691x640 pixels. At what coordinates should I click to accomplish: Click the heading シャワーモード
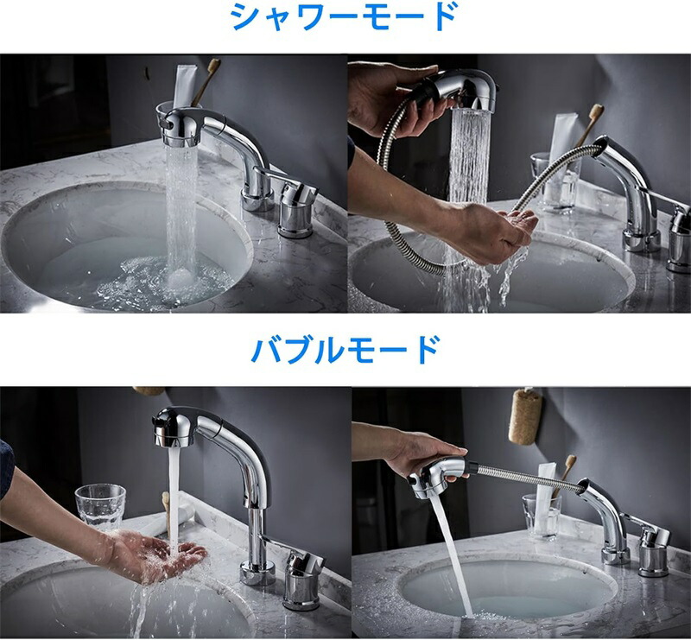point(345,17)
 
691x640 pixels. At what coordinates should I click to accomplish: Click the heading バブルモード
point(345,350)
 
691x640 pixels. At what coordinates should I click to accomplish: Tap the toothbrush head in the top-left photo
point(214,66)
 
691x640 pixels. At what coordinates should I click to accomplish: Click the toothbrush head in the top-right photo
point(596,111)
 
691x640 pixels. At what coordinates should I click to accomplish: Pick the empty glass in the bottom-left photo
point(100,507)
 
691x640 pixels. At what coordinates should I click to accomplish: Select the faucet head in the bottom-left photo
point(175,427)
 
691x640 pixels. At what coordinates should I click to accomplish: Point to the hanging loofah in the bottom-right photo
point(525,417)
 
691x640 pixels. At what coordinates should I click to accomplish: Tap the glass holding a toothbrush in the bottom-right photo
point(542,516)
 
